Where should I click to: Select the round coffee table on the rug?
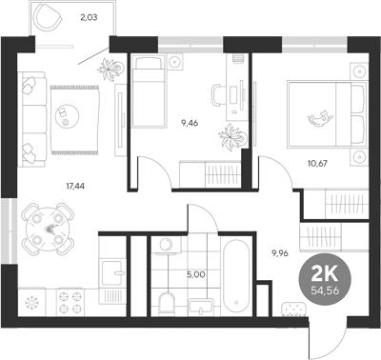click(x=66, y=111)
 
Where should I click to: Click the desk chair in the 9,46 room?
click(x=218, y=93)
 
